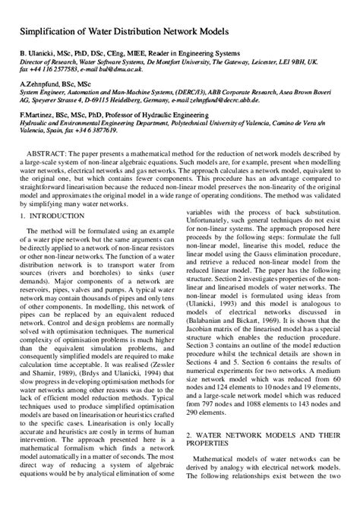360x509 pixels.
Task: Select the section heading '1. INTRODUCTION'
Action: click(x=54, y=217)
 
